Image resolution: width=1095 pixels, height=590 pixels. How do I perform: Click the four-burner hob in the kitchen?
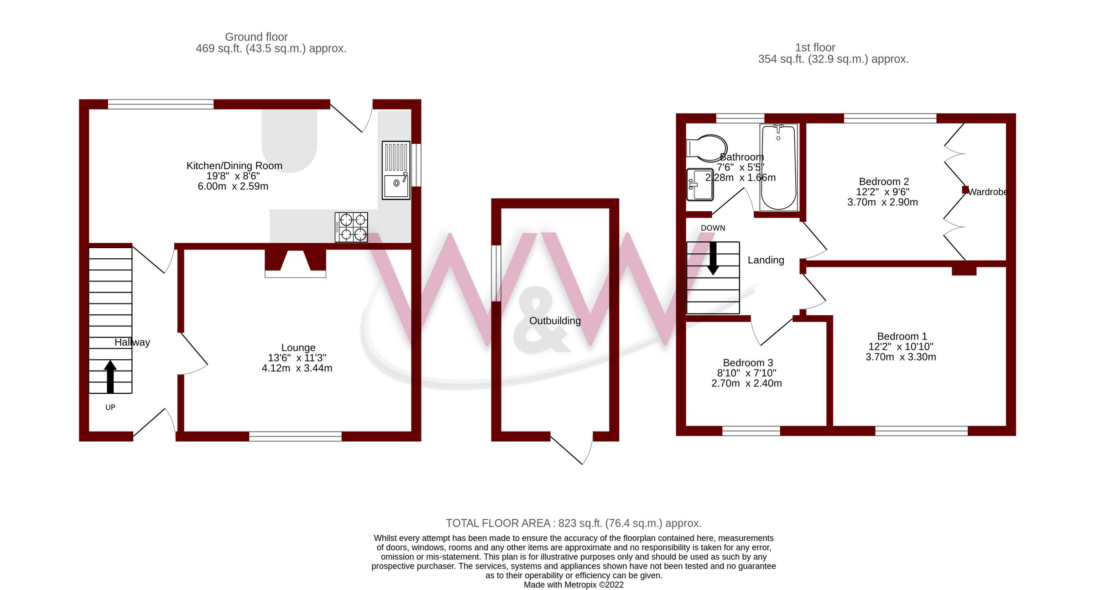(x=351, y=227)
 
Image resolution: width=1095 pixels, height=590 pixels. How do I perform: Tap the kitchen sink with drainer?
(x=396, y=170)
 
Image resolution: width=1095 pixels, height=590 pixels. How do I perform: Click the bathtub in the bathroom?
(x=778, y=167)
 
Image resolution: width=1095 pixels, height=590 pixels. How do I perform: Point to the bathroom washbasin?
(x=699, y=185)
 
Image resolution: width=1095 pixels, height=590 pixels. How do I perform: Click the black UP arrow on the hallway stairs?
(x=110, y=376)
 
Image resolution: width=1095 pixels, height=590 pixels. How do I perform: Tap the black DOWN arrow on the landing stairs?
(x=713, y=258)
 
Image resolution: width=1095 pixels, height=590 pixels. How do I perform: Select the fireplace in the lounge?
(x=295, y=264)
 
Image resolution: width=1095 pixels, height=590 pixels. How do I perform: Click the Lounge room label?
(x=298, y=348)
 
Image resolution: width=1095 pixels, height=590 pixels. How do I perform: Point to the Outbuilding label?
(x=555, y=321)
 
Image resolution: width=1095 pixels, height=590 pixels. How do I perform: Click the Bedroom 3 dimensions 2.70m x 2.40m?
(x=746, y=383)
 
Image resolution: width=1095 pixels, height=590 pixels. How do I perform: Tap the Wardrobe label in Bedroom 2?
(x=987, y=192)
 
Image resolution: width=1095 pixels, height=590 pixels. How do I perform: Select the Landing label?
(x=766, y=260)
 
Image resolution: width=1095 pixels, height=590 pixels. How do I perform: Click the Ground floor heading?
(x=256, y=37)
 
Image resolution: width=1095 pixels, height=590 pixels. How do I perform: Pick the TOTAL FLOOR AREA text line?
(x=574, y=523)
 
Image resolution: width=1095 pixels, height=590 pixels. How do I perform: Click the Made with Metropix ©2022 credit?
(x=574, y=585)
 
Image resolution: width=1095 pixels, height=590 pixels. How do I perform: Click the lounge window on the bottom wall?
(x=295, y=436)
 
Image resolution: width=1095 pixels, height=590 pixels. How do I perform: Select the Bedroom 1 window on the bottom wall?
(x=921, y=431)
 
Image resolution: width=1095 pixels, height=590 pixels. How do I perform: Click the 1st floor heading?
(x=815, y=47)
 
